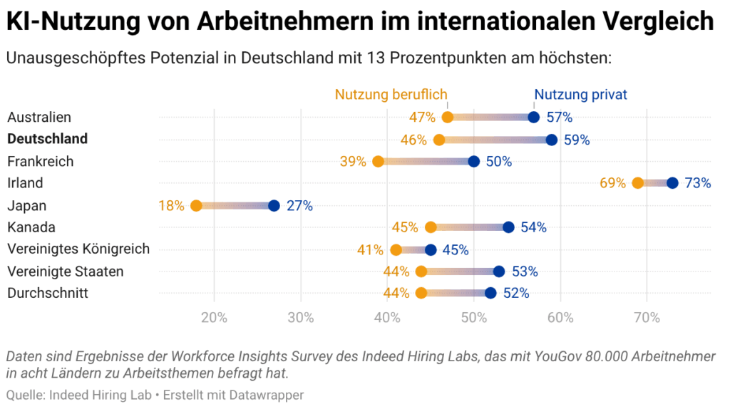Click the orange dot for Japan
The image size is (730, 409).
197,206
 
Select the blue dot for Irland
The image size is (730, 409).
672,183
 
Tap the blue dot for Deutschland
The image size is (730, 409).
551,140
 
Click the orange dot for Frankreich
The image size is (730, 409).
379,162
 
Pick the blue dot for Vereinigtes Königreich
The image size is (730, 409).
431,250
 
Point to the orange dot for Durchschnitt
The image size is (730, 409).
421,293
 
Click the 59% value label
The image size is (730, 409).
577,140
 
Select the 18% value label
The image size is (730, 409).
171,206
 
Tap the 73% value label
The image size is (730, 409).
698,183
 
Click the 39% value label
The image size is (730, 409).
353,162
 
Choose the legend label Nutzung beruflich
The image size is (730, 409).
391,95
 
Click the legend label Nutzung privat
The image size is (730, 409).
580,95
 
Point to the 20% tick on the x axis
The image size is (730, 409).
215,318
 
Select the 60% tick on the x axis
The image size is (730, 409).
560,318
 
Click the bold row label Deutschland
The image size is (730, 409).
48,139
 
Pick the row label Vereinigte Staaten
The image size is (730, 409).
66,271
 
